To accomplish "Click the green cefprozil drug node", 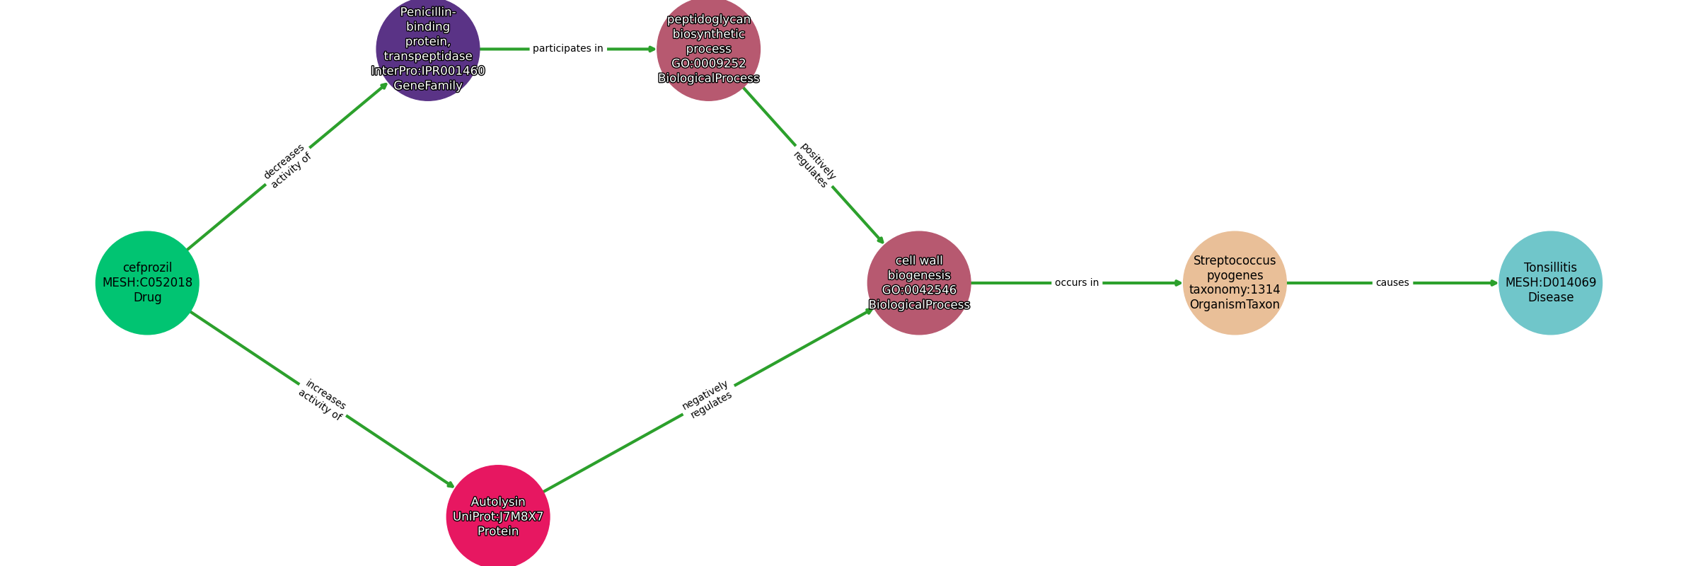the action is click(x=147, y=283).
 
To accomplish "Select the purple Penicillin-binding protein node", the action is click(x=428, y=49).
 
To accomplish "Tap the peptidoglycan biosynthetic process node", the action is click(x=708, y=49).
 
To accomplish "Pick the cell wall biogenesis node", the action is click(x=919, y=283).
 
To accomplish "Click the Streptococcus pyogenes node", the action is click(x=1235, y=283).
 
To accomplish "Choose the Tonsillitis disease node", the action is click(x=1551, y=283).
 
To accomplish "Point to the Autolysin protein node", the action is click(x=498, y=516).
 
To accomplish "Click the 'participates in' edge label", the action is click(x=568, y=49).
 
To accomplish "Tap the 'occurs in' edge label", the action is click(x=1077, y=283).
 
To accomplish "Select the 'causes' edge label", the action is click(x=1392, y=283).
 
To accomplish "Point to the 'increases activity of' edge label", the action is click(x=323, y=400).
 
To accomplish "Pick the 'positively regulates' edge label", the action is click(x=814, y=166).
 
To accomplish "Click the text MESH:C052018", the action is click(x=147, y=283).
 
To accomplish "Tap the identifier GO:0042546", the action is click(x=919, y=290).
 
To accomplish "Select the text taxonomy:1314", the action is click(x=1235, y=290).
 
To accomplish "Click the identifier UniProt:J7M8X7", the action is click(x=498, y=517).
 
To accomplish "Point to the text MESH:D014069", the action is click(x=1551, y=283).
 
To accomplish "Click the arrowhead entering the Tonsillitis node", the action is click(x=1494, y=283).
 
